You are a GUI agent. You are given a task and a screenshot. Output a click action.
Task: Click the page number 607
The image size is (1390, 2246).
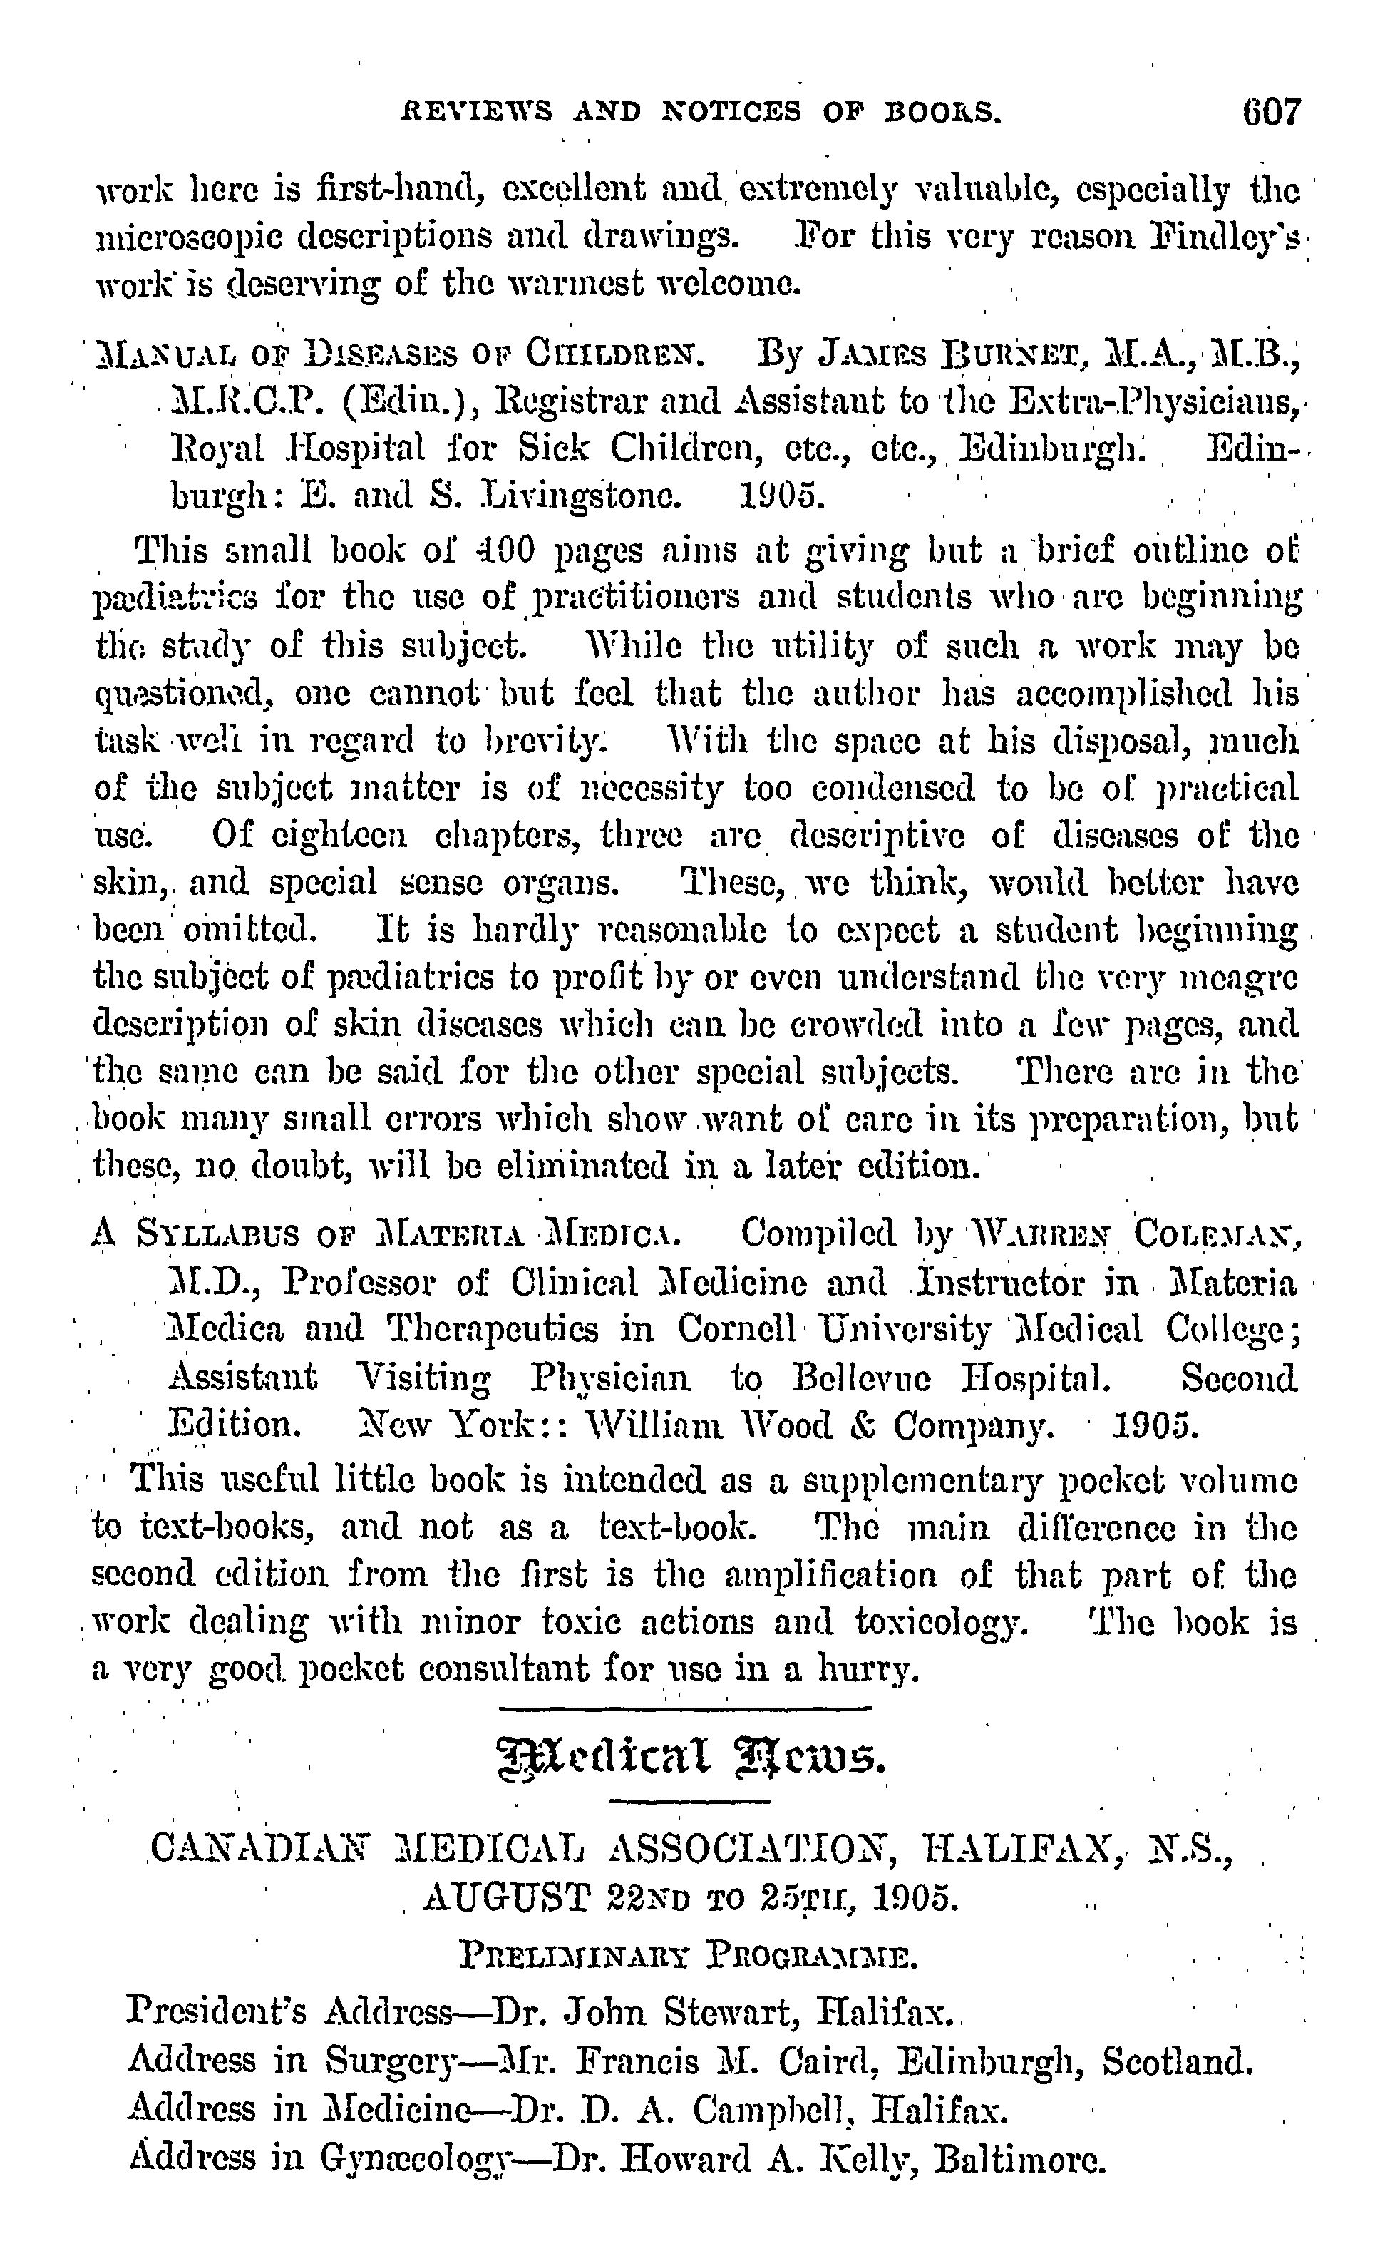[1272, 112]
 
